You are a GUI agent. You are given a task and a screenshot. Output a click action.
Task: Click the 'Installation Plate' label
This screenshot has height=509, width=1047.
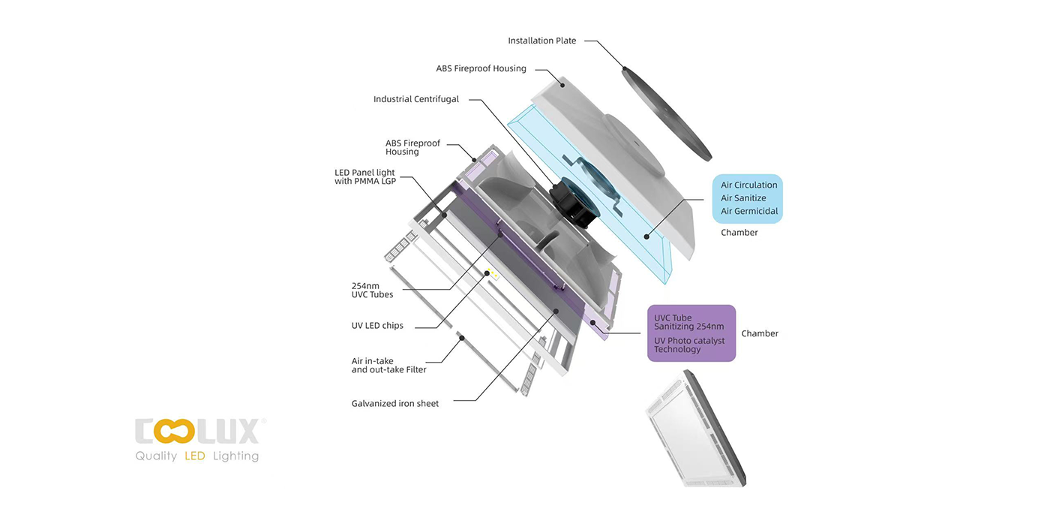pyautogui.click(x=541, y=41)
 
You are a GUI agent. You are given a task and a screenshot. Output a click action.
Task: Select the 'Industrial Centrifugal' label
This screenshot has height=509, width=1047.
pyautogui.click(x=415, y=99)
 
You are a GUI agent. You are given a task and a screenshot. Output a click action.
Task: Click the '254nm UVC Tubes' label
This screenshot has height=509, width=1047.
pyautogui.click(x=372, y=290)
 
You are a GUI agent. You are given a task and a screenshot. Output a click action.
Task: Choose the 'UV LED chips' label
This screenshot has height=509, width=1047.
pyautogui.click(x=377, y=326)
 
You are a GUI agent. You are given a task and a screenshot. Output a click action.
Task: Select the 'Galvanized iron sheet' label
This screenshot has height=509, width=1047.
pyautogui.click(x=394, y=403)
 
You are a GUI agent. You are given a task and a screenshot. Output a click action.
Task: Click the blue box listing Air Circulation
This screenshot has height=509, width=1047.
pyautogui.click(x=747, y=198)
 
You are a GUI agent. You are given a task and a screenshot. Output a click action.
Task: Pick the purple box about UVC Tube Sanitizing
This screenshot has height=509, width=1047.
pyautogui.click(x=691, y=333)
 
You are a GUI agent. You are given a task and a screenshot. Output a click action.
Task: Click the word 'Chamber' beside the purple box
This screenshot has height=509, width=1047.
pyautogui.click(x=760, y=333)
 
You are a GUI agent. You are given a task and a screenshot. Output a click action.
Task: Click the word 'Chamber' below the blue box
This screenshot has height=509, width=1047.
pyautogui.click(x=739, y=233)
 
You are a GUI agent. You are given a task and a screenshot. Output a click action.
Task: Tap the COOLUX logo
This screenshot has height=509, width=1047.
pyautogui.click(x=196, y=432)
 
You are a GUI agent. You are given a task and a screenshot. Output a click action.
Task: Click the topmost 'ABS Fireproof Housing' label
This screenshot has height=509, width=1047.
pyautogui.click(x=481, y=68)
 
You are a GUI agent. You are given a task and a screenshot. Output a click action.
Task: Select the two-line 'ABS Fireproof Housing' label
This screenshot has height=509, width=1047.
pyautogui.click(x=412, y=147)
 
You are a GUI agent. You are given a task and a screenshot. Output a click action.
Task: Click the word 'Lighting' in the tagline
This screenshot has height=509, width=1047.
pyautogui.click(x=235, y=456)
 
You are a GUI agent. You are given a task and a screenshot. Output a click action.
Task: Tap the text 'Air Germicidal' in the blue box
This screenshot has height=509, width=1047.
pyautogui.click(x=748, y=211)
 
